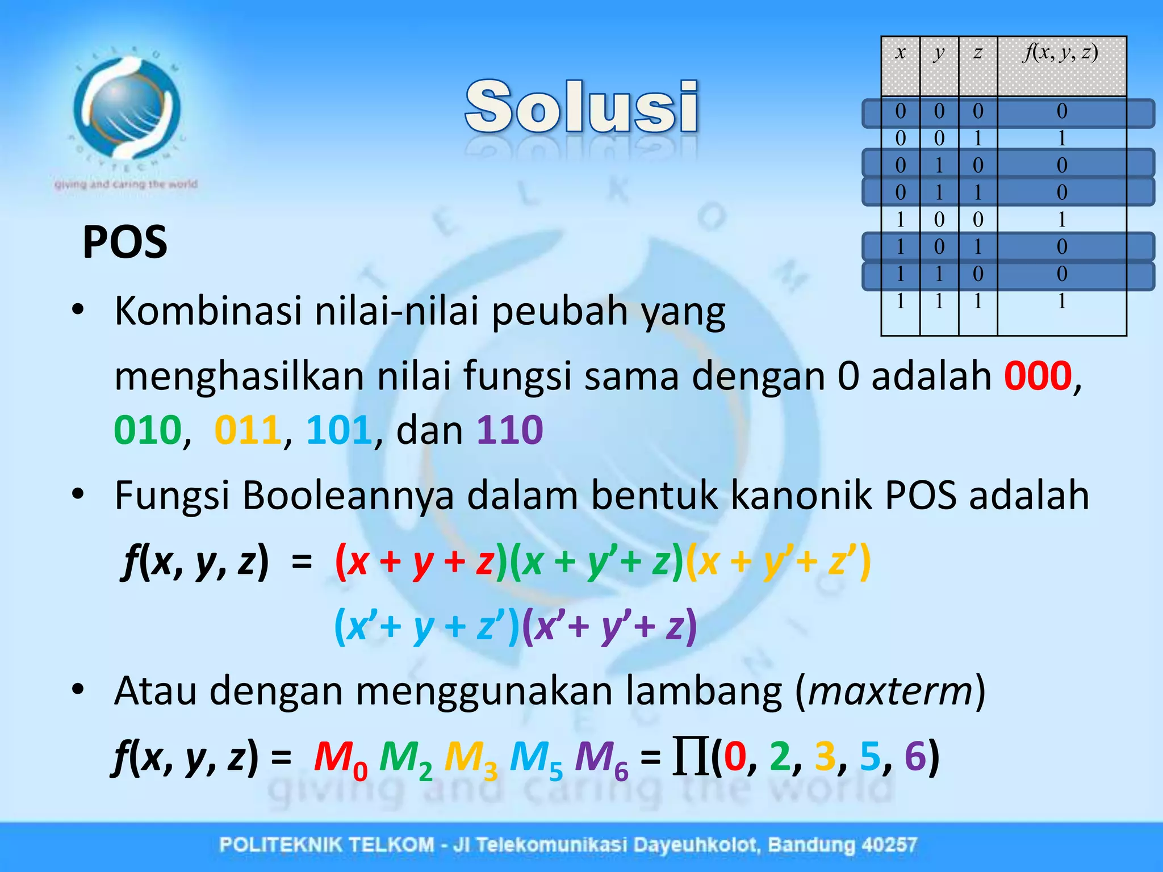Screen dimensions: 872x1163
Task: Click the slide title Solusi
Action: coord(581,107)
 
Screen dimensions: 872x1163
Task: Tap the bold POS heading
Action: coord(125,242)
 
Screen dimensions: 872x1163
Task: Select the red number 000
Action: coord(1038,376)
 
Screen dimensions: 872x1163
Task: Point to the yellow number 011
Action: coord(248,430)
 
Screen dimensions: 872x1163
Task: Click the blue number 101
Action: coord(339,430)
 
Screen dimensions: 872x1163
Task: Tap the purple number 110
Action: coord(509,430)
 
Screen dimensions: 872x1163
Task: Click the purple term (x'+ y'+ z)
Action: coord(609,627)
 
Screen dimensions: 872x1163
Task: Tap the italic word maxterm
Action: coord(890,691)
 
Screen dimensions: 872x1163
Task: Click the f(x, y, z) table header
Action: coord(1061,53)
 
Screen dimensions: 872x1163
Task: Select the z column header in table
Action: coord(977,53)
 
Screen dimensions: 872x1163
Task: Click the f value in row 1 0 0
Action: coord(1061,219)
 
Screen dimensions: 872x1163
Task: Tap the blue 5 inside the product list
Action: coord(869,756)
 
